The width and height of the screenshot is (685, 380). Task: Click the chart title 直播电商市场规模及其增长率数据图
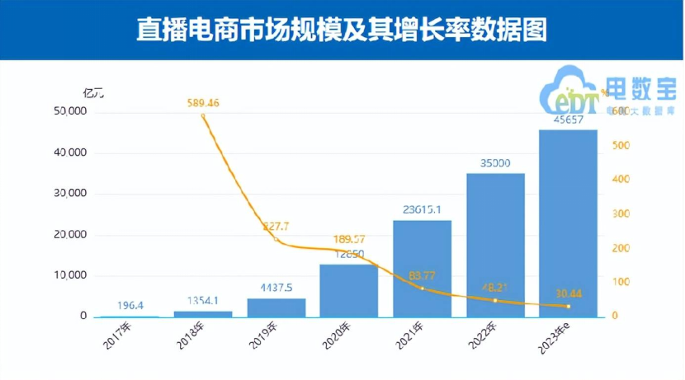click(x=342, y=30)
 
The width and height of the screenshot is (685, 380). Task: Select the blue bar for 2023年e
click(x=568, y=223)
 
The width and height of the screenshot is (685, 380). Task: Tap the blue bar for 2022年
click(x=495, y=245)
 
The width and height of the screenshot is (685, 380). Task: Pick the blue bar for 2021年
click(x=422, y=268)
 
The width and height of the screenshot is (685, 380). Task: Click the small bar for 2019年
click(x=276, y=307)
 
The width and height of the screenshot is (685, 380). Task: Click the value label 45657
click(x=568, y=120)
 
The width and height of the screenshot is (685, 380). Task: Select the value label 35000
click(x=495, y=163)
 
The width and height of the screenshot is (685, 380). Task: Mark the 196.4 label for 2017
click(x=129, y=306)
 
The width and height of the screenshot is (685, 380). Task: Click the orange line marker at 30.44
click(x=568, y=307)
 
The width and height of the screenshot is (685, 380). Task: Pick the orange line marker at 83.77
click(x=422, y=288)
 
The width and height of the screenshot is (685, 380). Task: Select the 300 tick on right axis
click(x=619, y=214)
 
